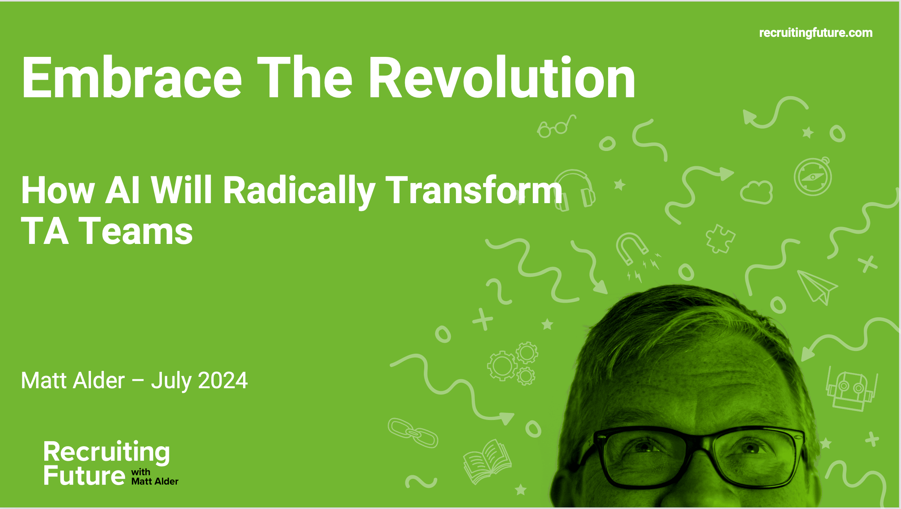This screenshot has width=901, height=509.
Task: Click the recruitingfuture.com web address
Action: coord(816,33)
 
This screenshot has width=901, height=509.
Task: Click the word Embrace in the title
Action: coord(132,78)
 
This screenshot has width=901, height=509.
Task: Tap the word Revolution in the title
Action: coord(502,78)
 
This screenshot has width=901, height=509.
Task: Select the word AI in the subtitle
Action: coord(122,191)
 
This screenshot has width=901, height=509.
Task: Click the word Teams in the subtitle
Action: coord(136,231)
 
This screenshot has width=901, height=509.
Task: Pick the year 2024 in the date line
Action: coord(223,380)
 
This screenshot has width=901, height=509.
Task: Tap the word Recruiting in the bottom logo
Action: coord(106,452)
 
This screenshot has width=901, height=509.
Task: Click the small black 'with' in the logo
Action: coord(140,472)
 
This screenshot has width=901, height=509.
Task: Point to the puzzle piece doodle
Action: coord(721,238)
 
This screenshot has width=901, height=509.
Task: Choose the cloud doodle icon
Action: coord(757,192)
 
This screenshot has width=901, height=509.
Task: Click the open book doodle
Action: coord(487,462)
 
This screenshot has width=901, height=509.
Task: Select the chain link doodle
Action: coord(412,433)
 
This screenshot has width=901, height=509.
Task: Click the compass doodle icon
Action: coord(813,176)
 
